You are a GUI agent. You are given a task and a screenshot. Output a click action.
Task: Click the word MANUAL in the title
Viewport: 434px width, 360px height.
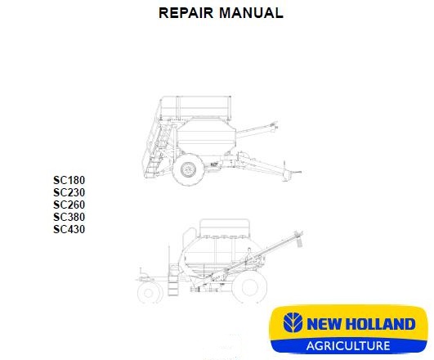[x=251, y=13]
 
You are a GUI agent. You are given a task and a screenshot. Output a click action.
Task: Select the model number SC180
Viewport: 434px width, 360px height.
[x=69, y=180]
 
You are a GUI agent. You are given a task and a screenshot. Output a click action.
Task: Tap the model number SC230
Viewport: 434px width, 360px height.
[x=69, y=192]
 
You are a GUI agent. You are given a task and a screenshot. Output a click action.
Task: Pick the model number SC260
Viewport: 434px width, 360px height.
[x=69, y=205]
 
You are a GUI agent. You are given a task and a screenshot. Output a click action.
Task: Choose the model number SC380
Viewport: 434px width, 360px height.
[x=69, y=217]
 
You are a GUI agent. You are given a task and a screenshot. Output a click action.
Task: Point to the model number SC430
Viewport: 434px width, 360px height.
[x=69, y=229]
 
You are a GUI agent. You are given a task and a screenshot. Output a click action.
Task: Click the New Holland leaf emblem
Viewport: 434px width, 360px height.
[x=293, y=323]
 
